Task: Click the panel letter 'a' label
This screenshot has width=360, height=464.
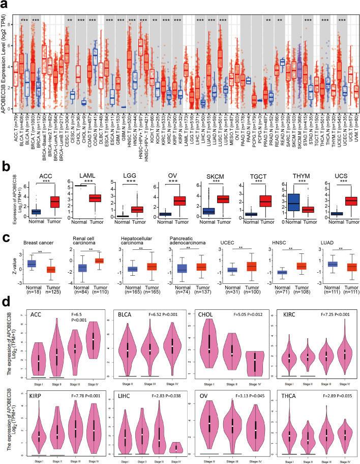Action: coord(4,4)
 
